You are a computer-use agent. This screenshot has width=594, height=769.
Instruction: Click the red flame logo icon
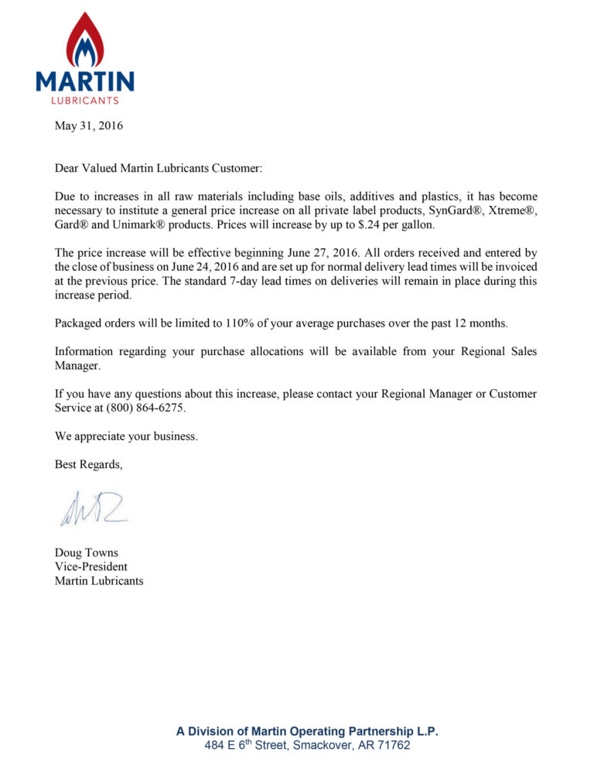point(85,40)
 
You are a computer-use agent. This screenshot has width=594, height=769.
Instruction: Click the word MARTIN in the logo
point(85,81)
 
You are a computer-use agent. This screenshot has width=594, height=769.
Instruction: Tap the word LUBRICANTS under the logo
point(85,100)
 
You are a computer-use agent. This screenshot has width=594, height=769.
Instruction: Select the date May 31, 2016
point(89,125)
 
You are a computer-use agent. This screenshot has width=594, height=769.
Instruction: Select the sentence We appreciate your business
point(126,436)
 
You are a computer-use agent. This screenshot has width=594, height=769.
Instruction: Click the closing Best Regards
point(88,464)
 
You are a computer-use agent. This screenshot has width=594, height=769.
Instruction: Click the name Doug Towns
point(87,552)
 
